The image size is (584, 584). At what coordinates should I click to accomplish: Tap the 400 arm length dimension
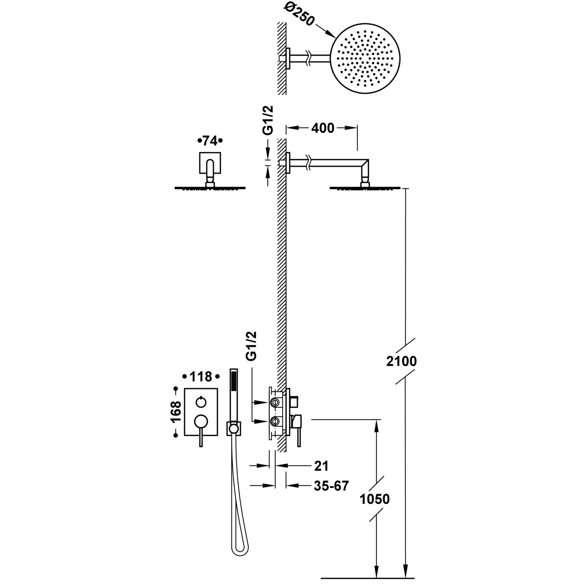coord(323,128)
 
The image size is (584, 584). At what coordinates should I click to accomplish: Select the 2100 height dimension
coord(401,361)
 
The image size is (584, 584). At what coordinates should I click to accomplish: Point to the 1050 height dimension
coord(374,499)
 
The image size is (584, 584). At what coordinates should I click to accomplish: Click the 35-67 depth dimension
coord(331,486)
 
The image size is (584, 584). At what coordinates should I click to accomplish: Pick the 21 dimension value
coord(321,466)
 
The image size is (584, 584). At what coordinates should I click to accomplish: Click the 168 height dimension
coord(176,412)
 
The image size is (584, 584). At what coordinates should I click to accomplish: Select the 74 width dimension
coord(210,141)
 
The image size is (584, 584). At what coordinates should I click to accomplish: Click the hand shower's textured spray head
coord(234,380)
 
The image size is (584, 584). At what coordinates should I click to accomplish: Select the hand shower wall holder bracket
coord(234,429)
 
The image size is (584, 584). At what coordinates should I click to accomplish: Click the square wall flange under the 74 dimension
coord(210,162)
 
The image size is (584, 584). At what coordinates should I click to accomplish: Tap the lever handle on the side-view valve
coord(298,436)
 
